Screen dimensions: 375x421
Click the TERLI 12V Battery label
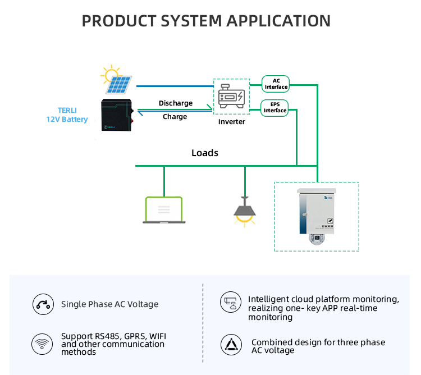point(67,115)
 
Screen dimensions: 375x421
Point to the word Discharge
point(176,103)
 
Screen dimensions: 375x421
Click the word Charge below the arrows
point(175,117)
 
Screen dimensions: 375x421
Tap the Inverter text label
point(231,122)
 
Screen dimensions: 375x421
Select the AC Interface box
point(276,84)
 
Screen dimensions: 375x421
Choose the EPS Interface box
point(275,107)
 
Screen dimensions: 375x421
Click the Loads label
point(205,153)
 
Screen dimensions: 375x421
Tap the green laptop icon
point(164,210)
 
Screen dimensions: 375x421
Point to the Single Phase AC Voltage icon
point(43,304)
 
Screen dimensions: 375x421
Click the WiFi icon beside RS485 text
point(43,343)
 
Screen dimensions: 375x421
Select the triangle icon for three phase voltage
point(230,345)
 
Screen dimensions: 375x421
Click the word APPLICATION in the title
point(278,21)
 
